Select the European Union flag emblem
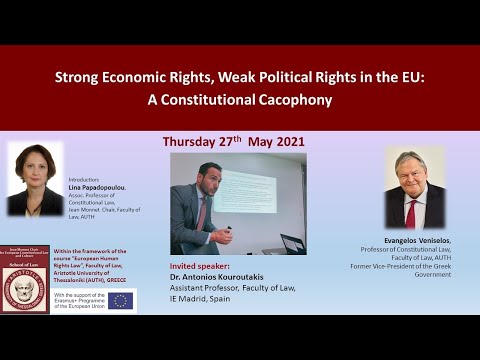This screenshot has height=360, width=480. [122, 300]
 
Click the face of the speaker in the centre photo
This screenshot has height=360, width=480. [206, 176]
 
